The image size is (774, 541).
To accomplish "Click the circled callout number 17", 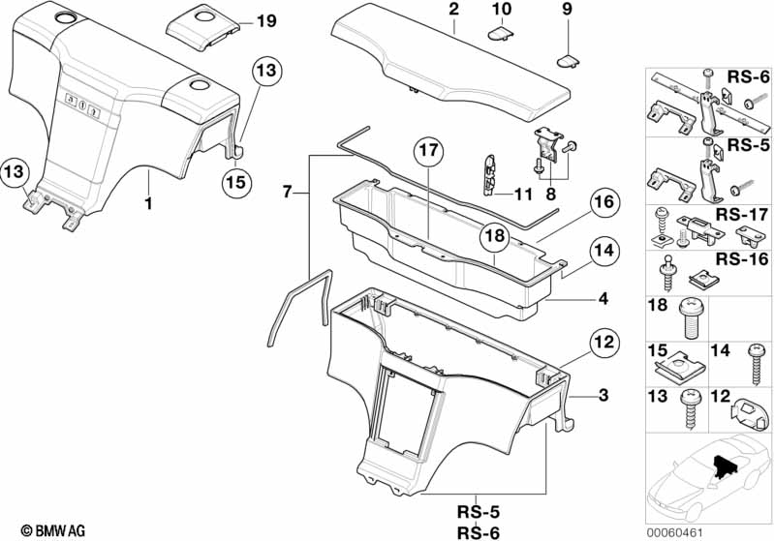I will tap(429, 152).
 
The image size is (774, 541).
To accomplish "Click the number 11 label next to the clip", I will tap(523, 194).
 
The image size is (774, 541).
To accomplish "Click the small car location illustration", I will tap(704, 482).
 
